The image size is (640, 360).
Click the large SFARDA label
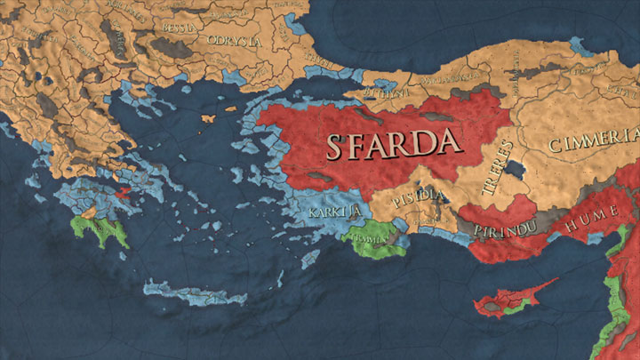pyautogui.click(x=393, y=143)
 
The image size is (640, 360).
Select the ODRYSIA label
pyautogui.click(x=233, y=41)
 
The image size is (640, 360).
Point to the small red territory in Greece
pyautogui.click(x=122, y=189)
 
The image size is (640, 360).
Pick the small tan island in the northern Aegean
pyautogui.click(x=211, y=117)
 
